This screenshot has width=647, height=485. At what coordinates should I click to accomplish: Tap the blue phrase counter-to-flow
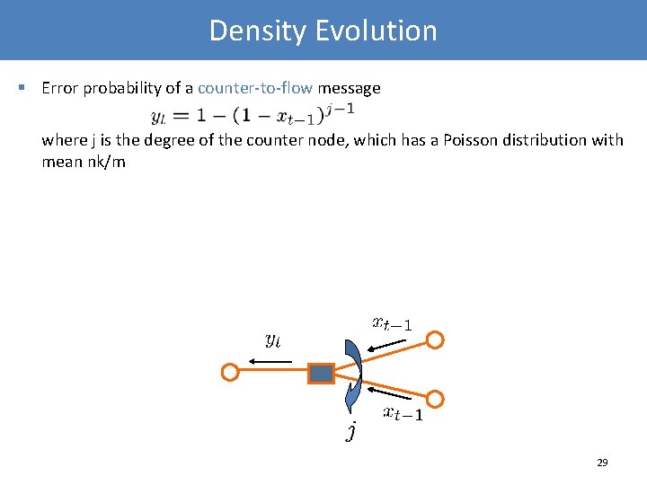[255, 88]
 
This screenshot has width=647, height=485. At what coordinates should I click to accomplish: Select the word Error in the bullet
[59, 88]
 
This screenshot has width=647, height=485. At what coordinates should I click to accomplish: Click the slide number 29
[602, 463]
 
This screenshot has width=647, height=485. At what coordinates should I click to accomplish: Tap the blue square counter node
[321, 373]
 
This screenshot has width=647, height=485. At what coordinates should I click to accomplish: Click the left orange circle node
[230, 372]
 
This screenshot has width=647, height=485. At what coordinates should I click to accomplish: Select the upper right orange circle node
[435, 340]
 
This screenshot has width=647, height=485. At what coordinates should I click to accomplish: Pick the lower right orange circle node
[435, 398]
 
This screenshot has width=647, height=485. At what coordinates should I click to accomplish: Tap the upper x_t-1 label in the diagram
[392, 322]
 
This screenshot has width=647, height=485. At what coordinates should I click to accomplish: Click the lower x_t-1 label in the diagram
[403, 413]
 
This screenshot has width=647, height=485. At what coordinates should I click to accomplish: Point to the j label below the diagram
[351, 432]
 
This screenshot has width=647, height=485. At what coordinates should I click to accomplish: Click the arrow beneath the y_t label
[270, 361]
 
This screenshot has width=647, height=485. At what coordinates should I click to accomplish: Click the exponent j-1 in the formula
[343, 110]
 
